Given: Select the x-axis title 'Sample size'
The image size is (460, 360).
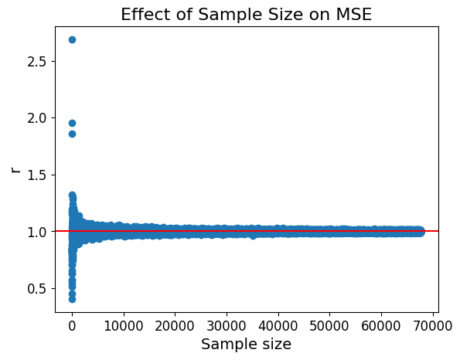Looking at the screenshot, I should click(246, 345).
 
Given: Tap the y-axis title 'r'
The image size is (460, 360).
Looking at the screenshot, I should click(15, 168).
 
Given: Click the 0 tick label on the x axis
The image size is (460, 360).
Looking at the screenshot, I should click(72, 326).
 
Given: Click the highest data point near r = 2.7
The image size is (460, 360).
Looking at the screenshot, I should click(72, 39).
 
